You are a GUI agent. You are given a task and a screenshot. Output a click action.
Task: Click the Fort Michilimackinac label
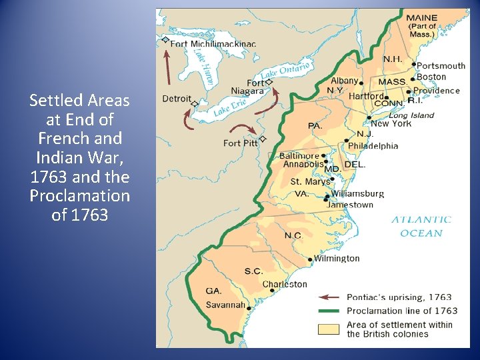(x=213, y=44)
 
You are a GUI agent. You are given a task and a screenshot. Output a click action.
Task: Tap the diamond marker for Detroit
(x=195, y=104)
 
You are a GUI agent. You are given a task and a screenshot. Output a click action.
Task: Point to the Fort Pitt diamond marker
(x=263, y=139)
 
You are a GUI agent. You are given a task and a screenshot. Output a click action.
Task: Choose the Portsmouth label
(x=441, y=65)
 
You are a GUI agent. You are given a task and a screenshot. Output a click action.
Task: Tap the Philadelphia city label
(x=375, y=146)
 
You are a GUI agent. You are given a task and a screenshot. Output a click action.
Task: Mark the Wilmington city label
(x=337, y=259)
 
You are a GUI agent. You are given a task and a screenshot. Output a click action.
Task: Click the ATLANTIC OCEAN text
(x=421, y=226)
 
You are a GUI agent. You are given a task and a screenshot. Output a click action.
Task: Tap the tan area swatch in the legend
(x=329, y=329)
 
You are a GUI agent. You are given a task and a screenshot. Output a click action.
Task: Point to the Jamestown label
(x=350, y=205)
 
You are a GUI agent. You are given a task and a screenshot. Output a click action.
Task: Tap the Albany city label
(x=344, y=81)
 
